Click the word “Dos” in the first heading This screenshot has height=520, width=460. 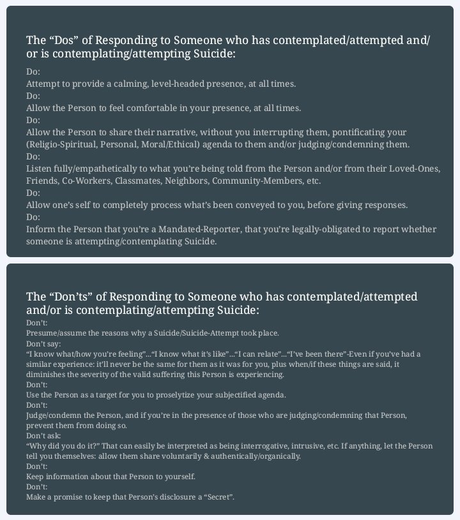(65, 40)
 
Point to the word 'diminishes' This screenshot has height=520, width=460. (47, 374)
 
